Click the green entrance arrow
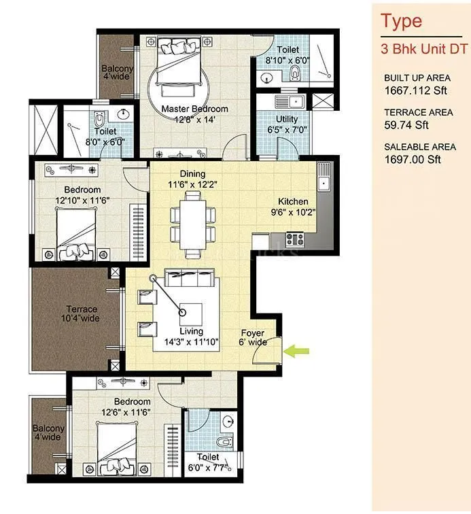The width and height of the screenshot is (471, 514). pyautogui.click(x=297, y=351)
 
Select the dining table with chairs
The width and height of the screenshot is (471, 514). pyautogui.click(x=192, y=218)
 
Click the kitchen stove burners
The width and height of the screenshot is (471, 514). pyautogui.click(x=294, y=239)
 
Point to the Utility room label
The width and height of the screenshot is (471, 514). pyautogui.click(x=282, y=124)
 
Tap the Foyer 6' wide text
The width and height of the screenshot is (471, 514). pyautogui.click(x=252, y=338)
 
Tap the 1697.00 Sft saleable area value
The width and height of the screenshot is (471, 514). pyautogui.click(x=413, y=160)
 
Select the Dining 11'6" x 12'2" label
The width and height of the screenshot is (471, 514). pyautogui.click(x=192, y=179)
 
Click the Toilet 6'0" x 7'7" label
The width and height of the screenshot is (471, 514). pyautogui.click(x=208, y=462)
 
